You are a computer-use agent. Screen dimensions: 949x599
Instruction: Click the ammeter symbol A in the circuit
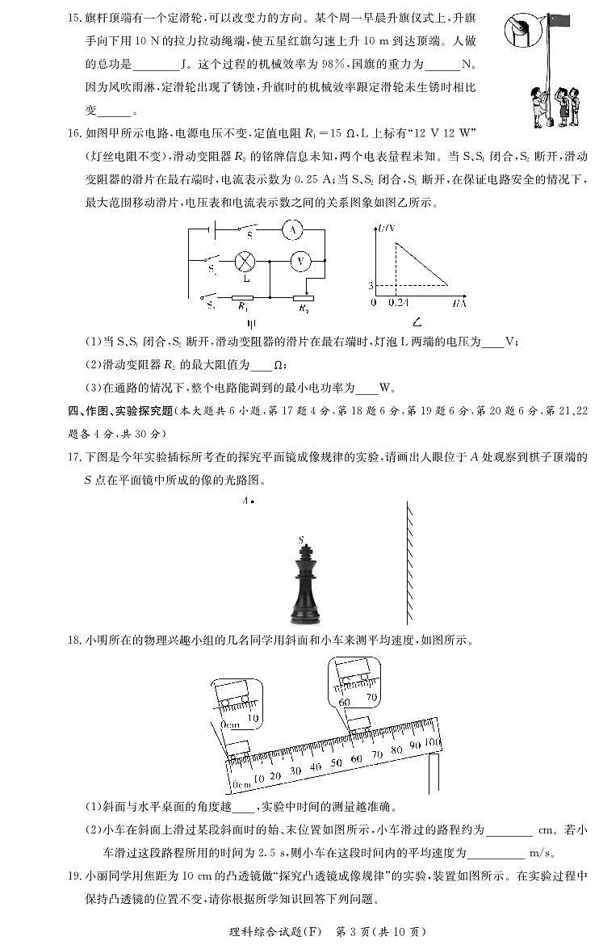coord(292,232)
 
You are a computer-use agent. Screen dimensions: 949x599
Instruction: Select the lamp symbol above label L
coord(245,261)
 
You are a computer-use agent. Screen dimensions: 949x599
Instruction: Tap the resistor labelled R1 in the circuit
coord(242,296)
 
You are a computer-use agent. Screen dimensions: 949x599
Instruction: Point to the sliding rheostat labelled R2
coord(303,297)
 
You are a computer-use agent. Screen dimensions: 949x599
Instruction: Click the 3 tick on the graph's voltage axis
coord(371,285)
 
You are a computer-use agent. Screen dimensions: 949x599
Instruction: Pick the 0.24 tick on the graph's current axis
coord(396,303)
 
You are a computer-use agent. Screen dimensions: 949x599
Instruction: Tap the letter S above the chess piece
coord(300,539)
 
